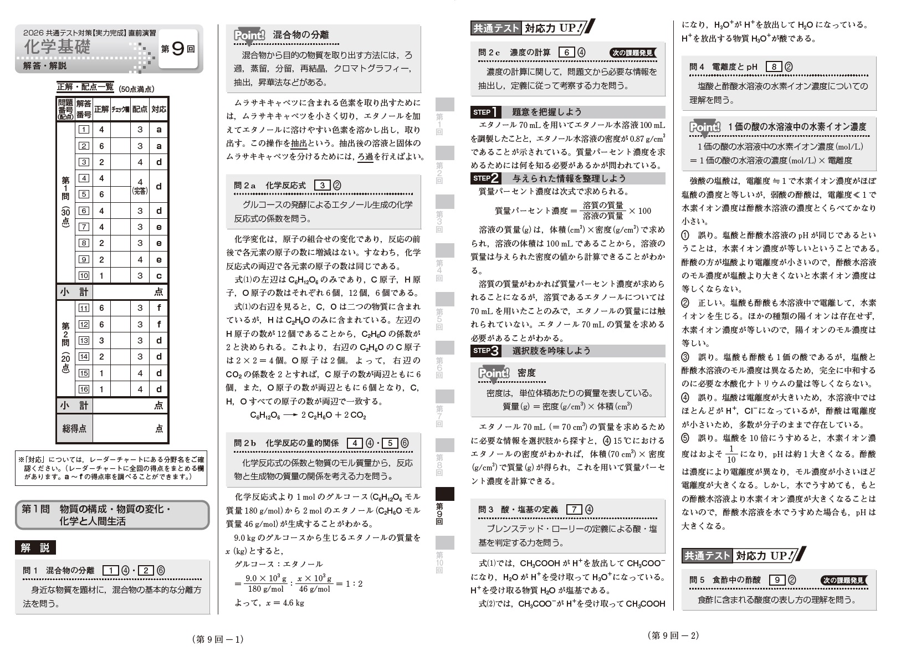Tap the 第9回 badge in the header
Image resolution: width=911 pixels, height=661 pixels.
178,49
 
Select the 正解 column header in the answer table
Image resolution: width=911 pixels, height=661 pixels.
101,109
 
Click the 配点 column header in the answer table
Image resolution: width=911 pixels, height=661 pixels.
140,109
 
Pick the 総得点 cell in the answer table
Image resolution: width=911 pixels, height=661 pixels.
74,428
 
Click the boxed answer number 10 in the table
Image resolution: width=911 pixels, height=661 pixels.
84,276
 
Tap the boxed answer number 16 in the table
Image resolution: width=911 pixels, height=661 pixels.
84,390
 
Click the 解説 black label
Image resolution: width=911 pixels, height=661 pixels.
35,548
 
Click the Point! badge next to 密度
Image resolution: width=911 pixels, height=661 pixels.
493,373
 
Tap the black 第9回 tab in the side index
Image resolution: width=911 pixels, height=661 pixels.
445,494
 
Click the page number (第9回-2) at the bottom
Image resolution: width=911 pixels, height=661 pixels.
673,636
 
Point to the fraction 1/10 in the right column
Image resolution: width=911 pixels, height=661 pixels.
731,454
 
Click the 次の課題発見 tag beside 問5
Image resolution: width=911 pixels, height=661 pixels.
842,581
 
